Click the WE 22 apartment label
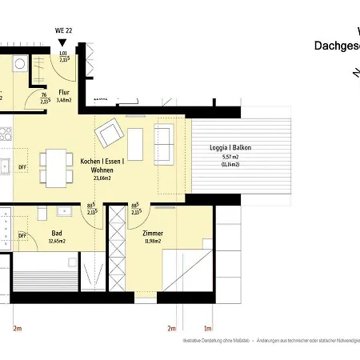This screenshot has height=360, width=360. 62,30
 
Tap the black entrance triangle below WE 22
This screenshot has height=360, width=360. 62,43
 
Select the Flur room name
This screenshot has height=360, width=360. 64,91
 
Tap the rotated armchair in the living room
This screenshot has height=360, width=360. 108,131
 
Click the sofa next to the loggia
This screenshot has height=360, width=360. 164,144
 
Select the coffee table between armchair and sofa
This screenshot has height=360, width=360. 135,144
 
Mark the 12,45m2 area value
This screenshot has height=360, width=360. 56,240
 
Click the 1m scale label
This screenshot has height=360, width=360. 208,328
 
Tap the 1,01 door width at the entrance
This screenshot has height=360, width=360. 63,54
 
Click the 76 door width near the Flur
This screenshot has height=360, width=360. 42,95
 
